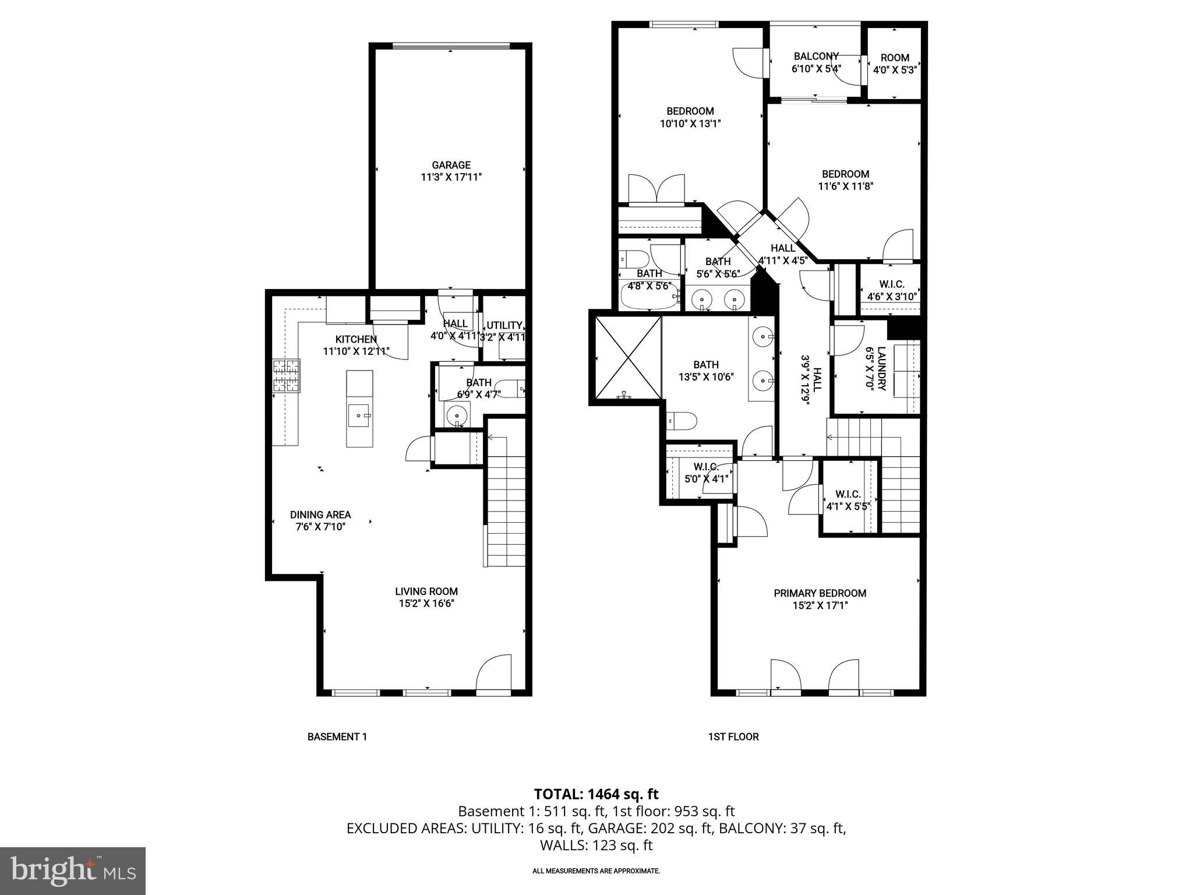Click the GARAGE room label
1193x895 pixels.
pos(451,165)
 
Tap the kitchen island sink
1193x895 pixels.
pos(359,415)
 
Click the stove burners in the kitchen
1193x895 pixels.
pos(286,376)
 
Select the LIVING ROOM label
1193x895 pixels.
pos(426,591)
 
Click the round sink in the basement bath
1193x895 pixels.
pos(457,416)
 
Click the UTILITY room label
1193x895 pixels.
pos(504,326)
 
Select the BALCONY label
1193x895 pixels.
pos(816,57)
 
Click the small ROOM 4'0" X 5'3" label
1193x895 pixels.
pos(895,58)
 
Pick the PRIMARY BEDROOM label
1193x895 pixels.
pos(820,593)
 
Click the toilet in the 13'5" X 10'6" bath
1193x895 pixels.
pos(682,420)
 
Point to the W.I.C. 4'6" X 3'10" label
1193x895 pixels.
pos(891,284)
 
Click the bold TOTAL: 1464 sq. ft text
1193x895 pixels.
pos(596,794)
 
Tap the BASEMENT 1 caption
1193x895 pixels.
pos(337,737)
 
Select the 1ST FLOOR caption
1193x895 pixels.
pos(733,737)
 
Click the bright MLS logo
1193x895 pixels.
pos(73,871)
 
